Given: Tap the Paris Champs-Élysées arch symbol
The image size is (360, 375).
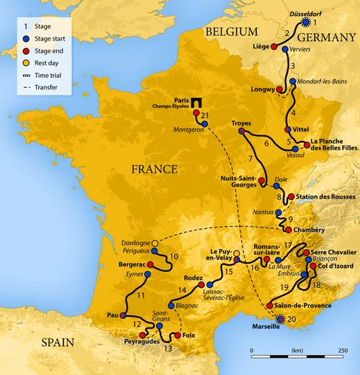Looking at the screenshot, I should (194, 103).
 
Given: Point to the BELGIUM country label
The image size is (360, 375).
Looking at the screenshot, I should (231, 31).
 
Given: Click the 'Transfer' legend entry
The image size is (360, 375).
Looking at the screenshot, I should (45, 87).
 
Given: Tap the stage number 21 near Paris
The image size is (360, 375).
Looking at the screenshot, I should (206, 115).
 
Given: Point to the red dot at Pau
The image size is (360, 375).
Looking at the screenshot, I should (122, 315).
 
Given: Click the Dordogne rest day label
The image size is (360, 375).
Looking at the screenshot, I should (136, 242).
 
